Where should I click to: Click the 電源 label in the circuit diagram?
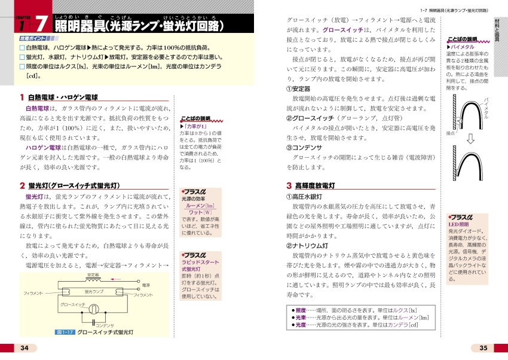[146, 286]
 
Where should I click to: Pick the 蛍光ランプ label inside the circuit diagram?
[94, 291]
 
